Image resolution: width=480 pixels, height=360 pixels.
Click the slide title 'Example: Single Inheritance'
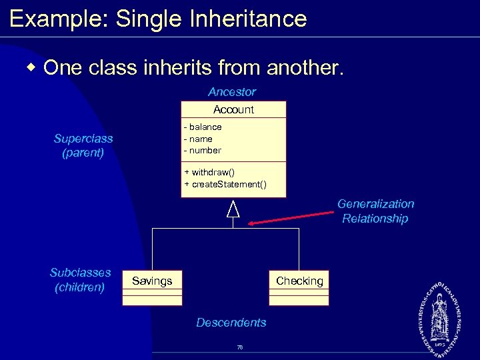[x=158, y=18]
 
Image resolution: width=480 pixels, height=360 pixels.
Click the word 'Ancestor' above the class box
[x=231, y=92]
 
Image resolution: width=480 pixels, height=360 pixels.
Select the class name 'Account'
[x=233, y=109]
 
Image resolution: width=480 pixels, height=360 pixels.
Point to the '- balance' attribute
[x=203, y=127]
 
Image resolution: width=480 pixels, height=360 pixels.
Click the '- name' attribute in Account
[x=199, y=139]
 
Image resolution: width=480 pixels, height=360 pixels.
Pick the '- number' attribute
[x=203, y=150]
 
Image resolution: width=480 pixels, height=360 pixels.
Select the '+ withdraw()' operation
[x=209, y=172]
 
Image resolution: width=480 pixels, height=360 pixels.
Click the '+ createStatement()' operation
[x=225, y=184]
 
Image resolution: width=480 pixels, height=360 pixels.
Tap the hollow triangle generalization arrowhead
[x=233, y=209]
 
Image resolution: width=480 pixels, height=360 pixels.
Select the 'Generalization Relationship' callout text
[x=375, y=211]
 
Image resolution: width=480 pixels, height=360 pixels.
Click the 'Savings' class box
[x=152, y=287]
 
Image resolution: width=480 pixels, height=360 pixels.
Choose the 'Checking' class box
[x=299, y=287]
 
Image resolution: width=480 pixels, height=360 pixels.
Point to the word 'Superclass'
[x=83, y=139]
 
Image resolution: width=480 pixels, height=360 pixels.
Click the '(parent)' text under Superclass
[x=83, y=153]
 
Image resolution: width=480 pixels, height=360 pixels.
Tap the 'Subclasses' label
[x=81, y=273]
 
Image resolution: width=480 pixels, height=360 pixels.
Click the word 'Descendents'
[x=231, y=323]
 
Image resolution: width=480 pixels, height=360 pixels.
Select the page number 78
[x=240, y=347]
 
